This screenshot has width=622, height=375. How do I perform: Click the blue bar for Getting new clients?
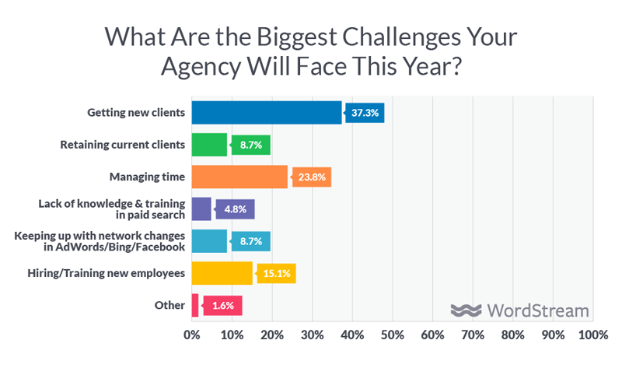click(266, 113)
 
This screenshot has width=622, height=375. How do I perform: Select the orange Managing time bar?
click(239, 177)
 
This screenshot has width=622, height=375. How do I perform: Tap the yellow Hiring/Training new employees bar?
click(222, 273)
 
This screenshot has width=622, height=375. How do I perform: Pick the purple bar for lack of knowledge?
click(201, 209)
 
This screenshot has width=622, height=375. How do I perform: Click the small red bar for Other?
click(195, 305)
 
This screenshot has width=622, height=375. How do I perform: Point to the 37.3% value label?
click(365, 113)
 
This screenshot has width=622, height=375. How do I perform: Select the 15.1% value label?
click(276, 273)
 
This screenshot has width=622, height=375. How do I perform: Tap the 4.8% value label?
click(235, 209)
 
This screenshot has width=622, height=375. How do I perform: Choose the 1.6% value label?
click(222, 305)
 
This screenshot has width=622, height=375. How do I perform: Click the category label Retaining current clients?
click(123, 145)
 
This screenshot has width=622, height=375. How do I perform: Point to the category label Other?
click(170, 305)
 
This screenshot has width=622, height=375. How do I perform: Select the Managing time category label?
click(146, 177)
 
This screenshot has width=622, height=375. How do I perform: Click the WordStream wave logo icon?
click(466, 310)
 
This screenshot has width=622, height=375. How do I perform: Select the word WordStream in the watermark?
click(538, 310)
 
